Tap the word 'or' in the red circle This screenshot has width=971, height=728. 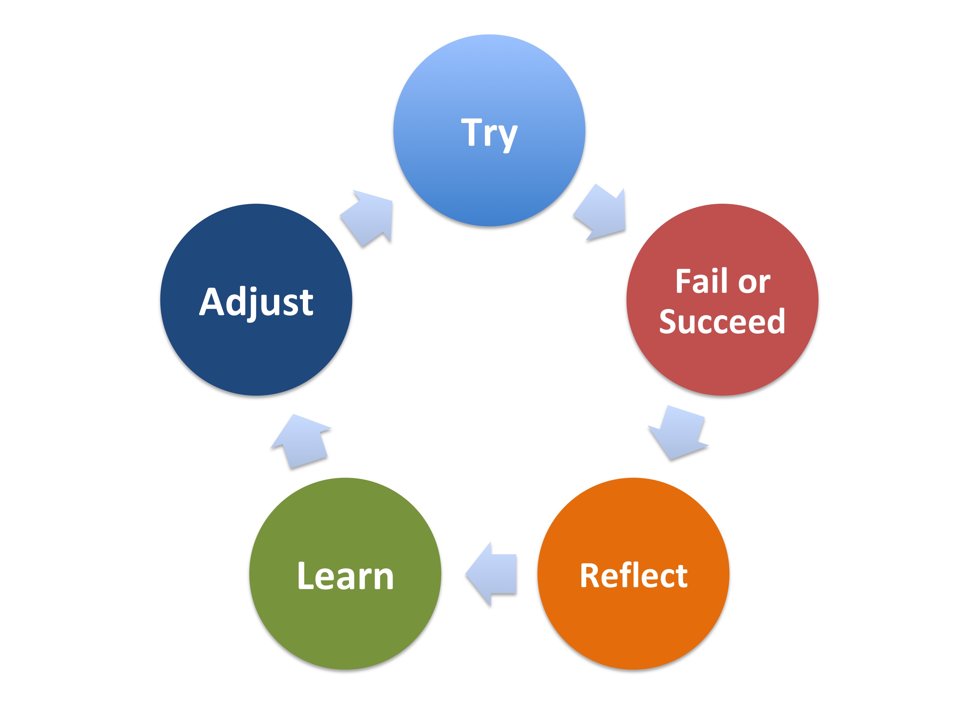(x=754, y=283)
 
